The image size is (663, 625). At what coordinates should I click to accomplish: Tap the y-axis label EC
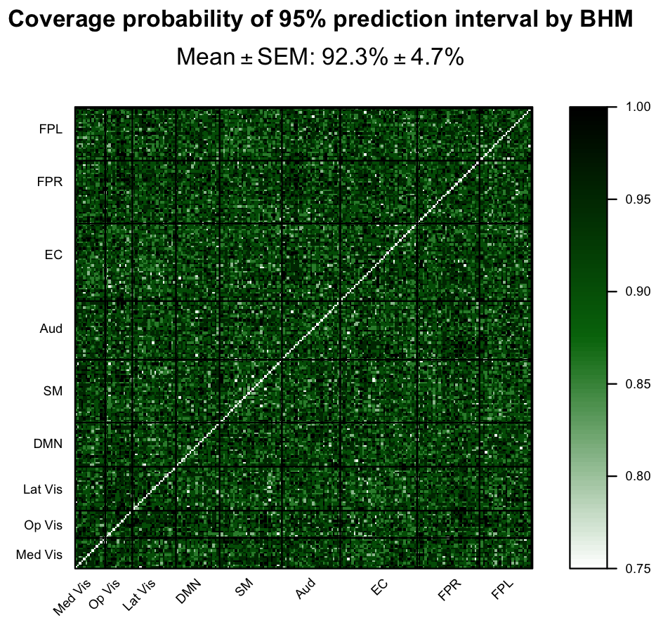click(x=54, y=255)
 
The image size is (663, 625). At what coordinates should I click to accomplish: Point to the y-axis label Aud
click(x=51, y=328)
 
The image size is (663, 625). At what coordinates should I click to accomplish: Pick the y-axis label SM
click(x=53, y=391)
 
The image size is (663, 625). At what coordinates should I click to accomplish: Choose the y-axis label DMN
click(x=48, y=444)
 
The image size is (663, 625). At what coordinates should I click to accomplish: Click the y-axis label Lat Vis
click(x=43, y=489)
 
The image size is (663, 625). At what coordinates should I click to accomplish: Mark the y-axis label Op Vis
click(x=44, y=525)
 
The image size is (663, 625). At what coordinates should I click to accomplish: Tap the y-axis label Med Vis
click(x=39, y=555)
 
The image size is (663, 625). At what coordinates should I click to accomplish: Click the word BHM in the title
click(x=608, y=20)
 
